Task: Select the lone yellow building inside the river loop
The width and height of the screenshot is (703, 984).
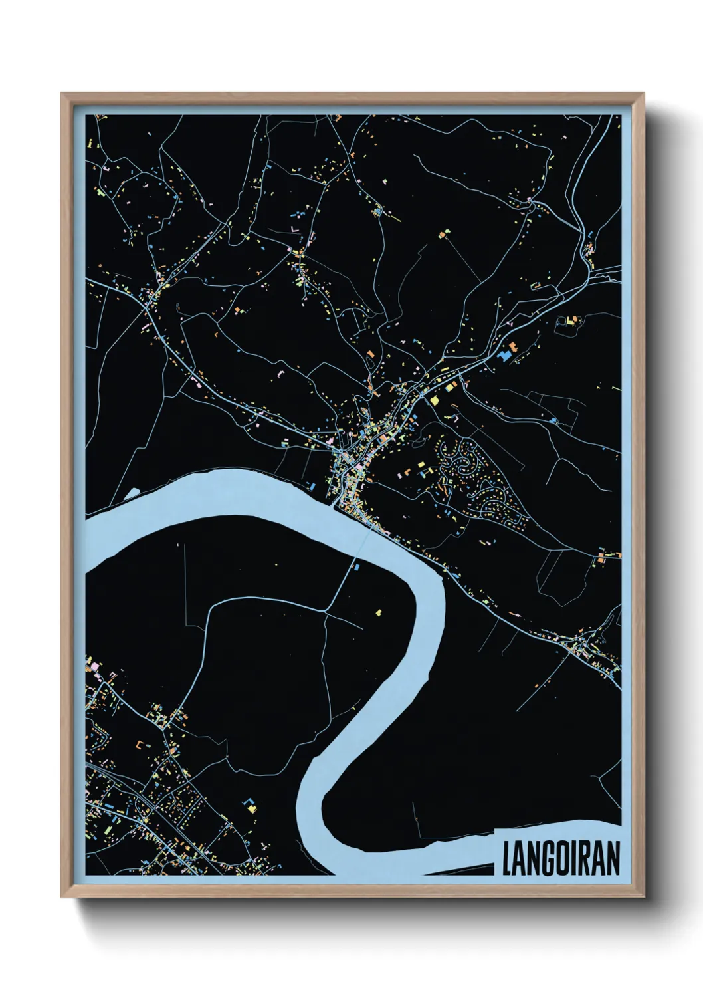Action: pos(379,612)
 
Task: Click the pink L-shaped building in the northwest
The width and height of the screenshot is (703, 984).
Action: pos(292,229)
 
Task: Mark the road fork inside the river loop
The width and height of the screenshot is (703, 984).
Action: pos(330,609)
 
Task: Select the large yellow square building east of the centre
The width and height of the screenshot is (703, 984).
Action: pos(435,400)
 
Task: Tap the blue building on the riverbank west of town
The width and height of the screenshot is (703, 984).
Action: pos(312,487)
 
